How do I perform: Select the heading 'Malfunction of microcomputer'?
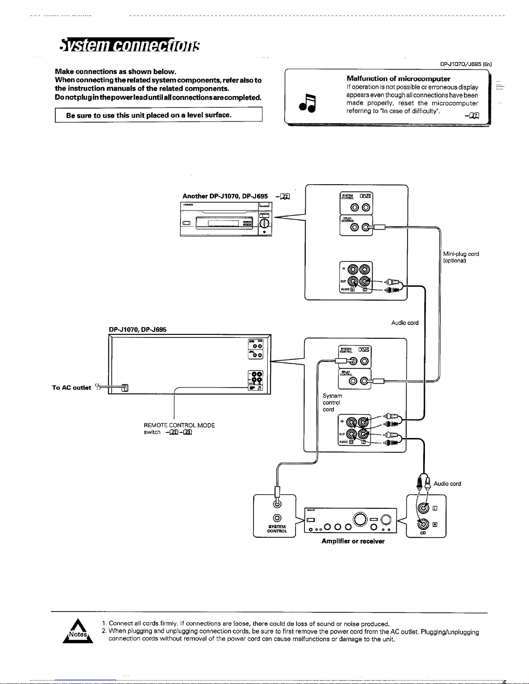tap(398, 79)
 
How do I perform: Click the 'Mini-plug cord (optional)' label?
tap(461, 257)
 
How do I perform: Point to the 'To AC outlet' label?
tap(71, 388)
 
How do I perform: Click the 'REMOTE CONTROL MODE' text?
tap(179, 425)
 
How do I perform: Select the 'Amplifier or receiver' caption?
tap(353, 541)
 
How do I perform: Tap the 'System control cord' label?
tap(332, 402)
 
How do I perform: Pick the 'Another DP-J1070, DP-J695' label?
tap(225, 196)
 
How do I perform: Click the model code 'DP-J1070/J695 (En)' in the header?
tap(466, 64)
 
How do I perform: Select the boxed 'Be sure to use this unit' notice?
tap(158, 115)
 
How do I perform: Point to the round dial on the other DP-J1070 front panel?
tap(264, 223)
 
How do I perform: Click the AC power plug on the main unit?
tap(124, 388)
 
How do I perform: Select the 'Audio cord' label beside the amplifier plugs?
tap(447, 484)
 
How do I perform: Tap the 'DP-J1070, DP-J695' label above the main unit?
tap(137, 330)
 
